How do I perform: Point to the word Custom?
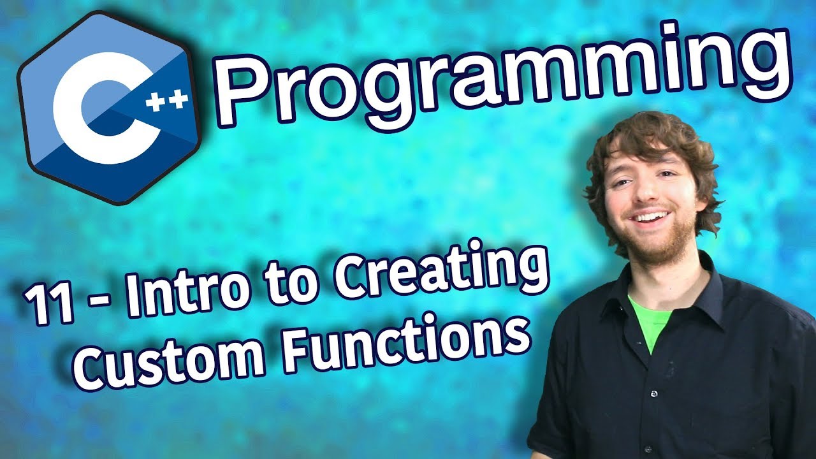tap(169, 359)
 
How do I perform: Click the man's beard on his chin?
tap(656, 244)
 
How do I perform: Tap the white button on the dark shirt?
tap(654, 393)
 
